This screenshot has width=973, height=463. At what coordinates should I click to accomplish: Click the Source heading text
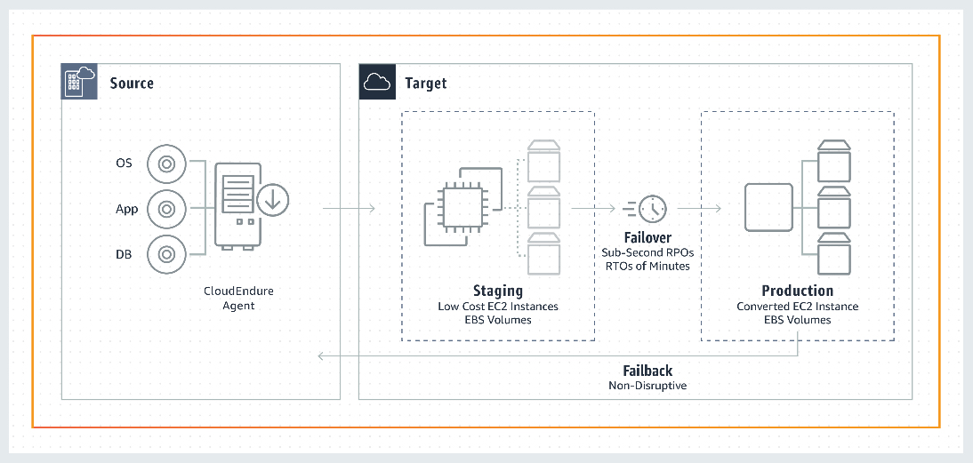pyautogui.click(x=132, y=84)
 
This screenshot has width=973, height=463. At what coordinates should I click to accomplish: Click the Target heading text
pyautogui.click(x=425, y=84)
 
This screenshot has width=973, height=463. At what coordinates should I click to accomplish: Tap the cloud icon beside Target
pyautogui.click(x=377, y=83)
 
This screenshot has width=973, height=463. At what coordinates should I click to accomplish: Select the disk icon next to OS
pyautogui.click(x=165, y=164)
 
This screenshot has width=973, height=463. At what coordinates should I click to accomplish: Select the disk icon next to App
pyautogui.click(x=165, y=209)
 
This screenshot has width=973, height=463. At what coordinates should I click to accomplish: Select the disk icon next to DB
pyautogui.click(x=165, y=254)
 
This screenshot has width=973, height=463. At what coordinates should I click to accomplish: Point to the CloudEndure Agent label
pyautogui.click(x=238, y=299)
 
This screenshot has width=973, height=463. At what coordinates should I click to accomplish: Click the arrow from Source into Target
pyautogui.click(x=348, y=210)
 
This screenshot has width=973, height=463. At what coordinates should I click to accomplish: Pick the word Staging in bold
pyautogui.click(x=497, y=291)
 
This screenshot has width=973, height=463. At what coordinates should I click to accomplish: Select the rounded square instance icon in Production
pyautogui.click(x=768, y=208)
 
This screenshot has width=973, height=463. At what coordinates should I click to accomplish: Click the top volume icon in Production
pyautogui.click(x=834, y=161)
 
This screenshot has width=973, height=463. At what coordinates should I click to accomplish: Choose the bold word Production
pyautogui.click(x=797, y=291)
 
